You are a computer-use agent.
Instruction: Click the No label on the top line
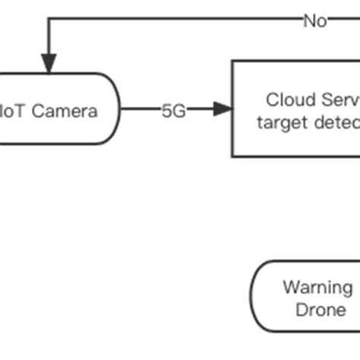pos(314,21)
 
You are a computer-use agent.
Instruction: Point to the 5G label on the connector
pos(172,110)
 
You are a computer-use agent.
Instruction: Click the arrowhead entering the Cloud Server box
pos(221,110)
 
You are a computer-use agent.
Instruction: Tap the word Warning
pos(317,288)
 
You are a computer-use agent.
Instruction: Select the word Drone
pos(320,310)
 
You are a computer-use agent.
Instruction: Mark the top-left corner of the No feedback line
pos(49,21)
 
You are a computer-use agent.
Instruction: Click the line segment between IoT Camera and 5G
pos(140,110)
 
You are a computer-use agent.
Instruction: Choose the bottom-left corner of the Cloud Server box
pos(232,156)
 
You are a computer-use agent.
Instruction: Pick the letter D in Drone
pos(300,310)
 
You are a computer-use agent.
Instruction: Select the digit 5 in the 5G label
pos(166,110)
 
